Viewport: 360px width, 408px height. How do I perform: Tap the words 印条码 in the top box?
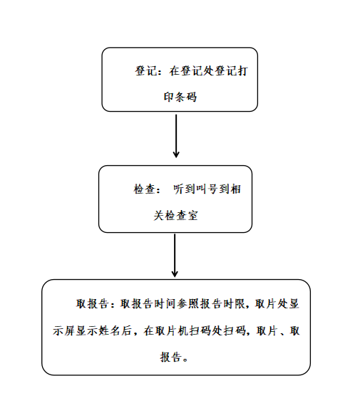(x=180, y=97)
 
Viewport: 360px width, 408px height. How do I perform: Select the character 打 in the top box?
(x=242, y=70)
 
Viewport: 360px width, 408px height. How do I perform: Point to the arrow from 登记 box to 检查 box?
(x=176, y=136)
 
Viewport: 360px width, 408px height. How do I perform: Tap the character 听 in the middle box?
(x=179, y=189)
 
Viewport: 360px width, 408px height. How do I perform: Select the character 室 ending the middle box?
(x=192, y=216)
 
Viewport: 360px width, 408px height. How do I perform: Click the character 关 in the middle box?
(x=159, y=216)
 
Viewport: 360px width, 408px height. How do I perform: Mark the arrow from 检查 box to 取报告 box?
(x=175, y=255)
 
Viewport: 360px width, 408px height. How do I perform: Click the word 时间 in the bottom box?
(x=165, y=303)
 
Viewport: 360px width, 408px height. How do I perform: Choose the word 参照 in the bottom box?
(x=188, y=303)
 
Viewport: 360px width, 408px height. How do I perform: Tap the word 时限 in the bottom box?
(x=234, y=303)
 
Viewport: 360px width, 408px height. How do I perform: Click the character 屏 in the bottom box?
(x=70, y=330)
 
